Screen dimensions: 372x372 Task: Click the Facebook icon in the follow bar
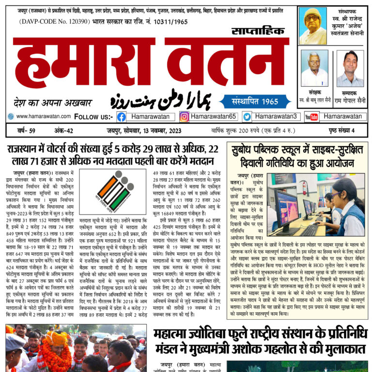pos(121,117)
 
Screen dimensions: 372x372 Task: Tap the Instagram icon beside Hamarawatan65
pos(184,117)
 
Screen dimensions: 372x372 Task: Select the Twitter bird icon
pos(247,117)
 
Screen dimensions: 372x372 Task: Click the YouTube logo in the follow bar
pos(311,117)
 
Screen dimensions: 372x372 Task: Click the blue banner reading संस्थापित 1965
pos(255,102)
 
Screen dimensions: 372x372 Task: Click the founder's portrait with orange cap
pos(312,26)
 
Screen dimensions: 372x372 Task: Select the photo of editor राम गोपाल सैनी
pos(350,68)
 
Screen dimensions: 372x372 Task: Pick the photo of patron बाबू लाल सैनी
pos(314,68)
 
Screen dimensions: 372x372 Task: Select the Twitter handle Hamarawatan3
pos(276,117)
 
